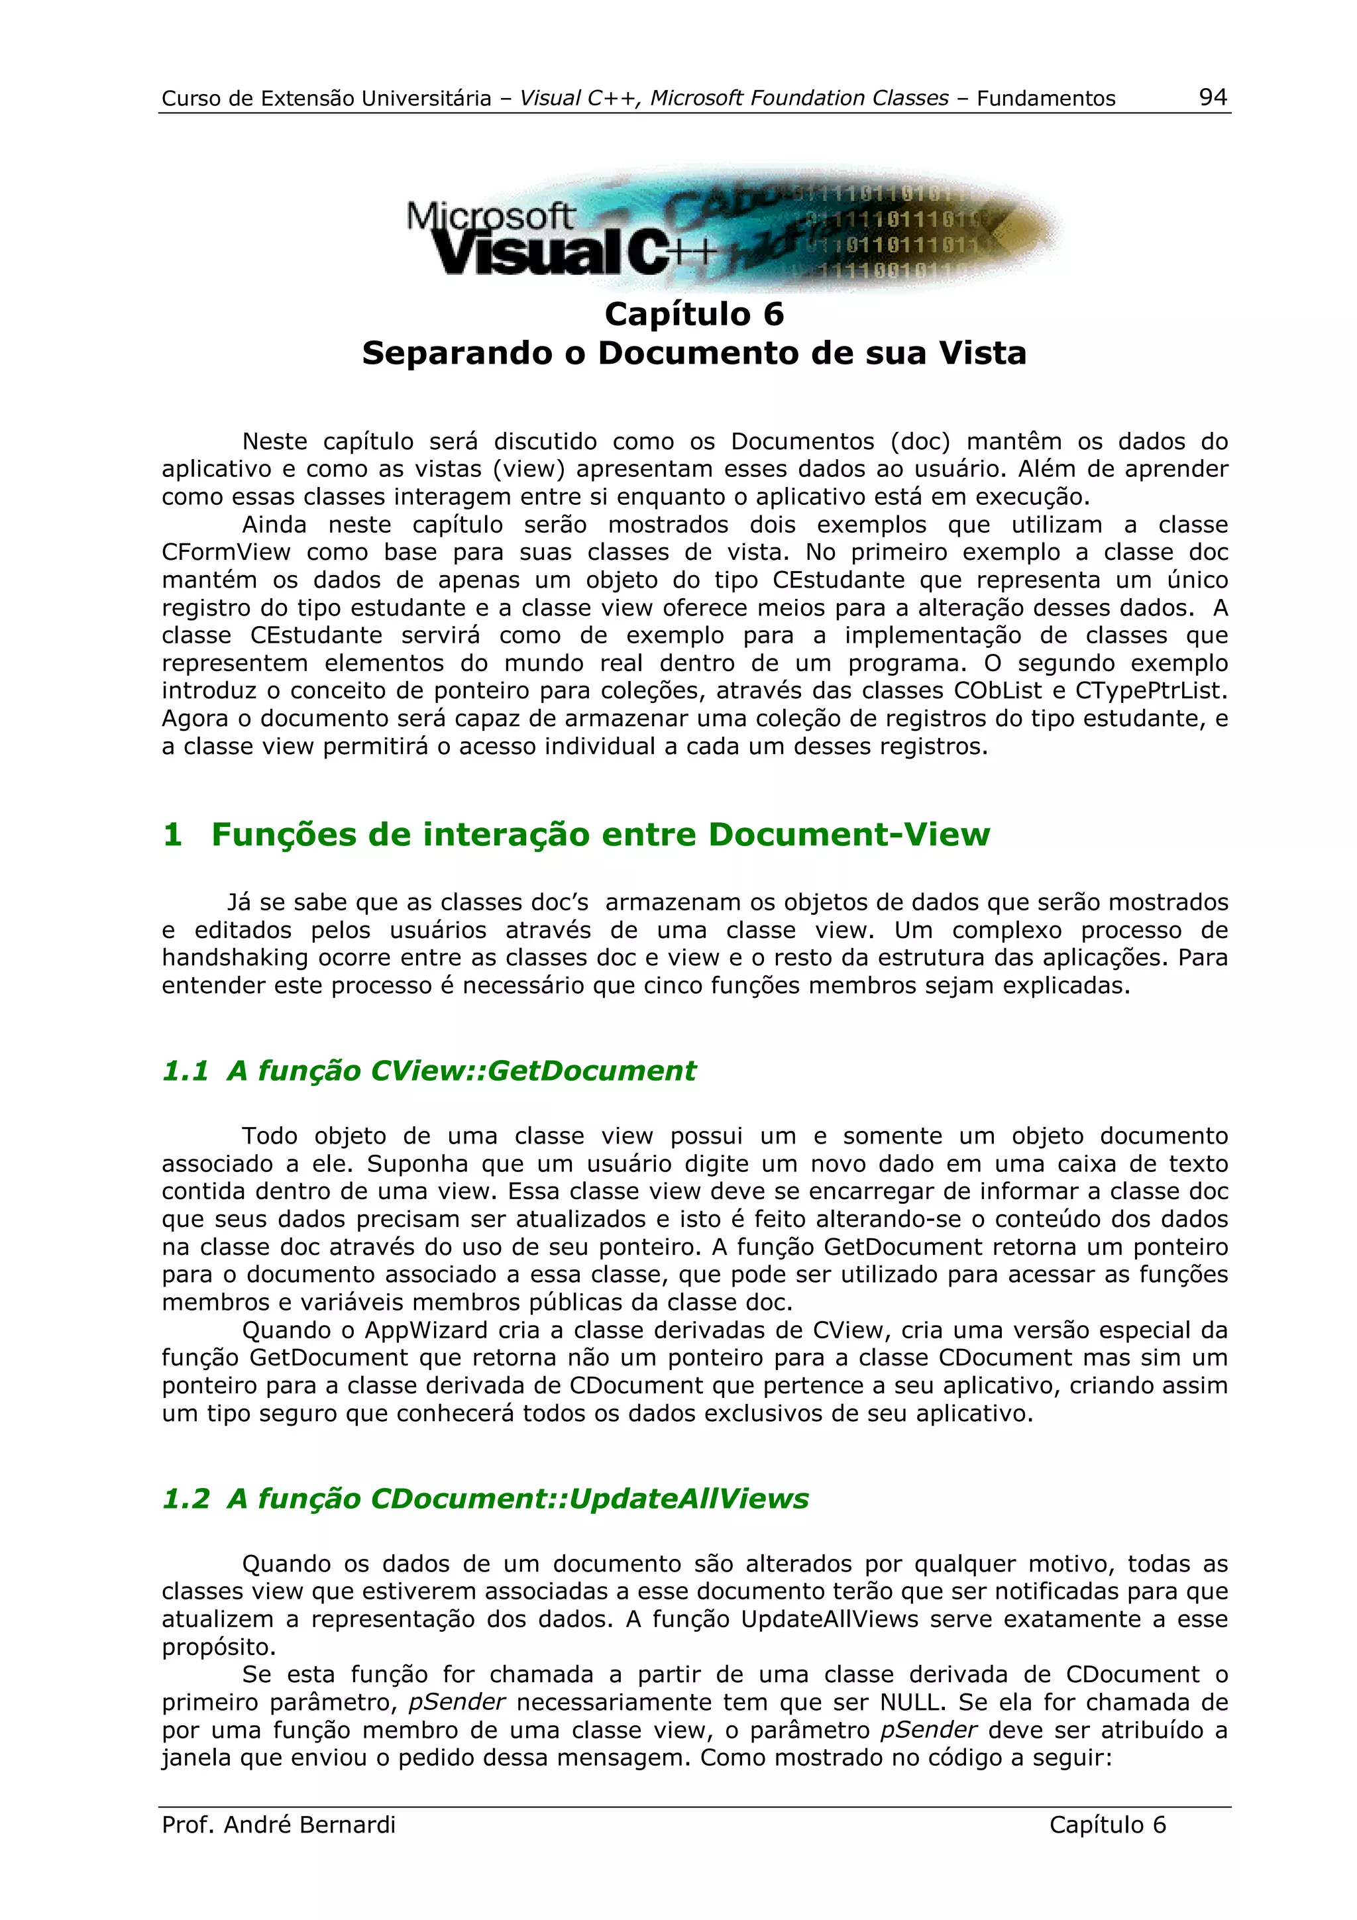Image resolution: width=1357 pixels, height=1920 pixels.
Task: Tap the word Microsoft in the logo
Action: click(490, 217)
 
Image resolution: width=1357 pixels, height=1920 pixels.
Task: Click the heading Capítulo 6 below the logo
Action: click(694, 315)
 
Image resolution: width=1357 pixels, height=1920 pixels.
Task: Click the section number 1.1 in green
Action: click(185, 1071)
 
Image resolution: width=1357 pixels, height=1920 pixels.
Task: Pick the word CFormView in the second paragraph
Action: click(226, 553)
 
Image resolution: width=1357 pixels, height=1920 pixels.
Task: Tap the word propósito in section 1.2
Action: click(217, 1648)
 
